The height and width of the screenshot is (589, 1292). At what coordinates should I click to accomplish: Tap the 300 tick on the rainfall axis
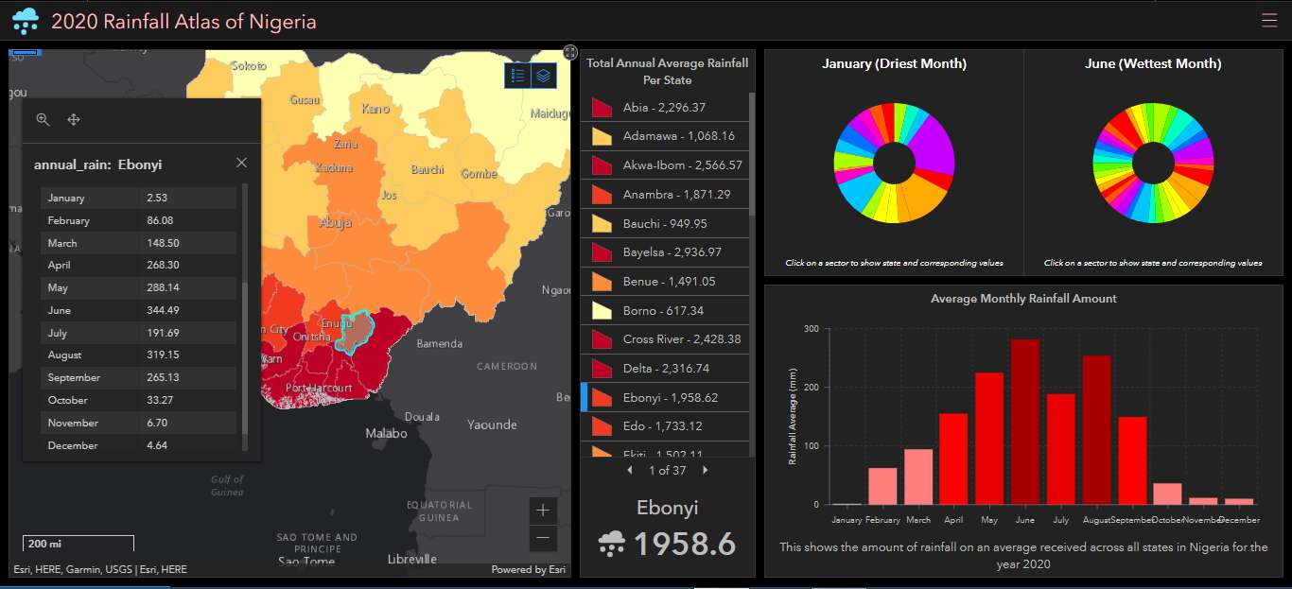click(x=812, y=329)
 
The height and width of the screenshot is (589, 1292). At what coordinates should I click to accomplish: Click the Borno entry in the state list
click(x=664, y=310)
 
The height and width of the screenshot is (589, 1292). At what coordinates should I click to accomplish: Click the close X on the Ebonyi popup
click(x=241, y=163)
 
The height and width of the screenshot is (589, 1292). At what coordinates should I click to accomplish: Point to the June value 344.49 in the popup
click(x=164, y=310)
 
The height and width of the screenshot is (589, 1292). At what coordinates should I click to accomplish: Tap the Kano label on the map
click(x=375, y=109)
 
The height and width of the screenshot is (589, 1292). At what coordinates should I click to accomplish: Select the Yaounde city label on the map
click(x=492, y=424)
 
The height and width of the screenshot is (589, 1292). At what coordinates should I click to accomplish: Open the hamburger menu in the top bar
click(x=1268, y=20)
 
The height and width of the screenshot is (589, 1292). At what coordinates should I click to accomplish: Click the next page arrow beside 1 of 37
click(x=705, y=470)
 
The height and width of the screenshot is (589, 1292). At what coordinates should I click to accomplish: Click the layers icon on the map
click(x=543, y=76)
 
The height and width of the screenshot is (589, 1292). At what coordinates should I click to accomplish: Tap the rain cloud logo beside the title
click(x=26, y=20)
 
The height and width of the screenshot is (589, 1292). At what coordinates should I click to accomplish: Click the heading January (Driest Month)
click(x=893, y=64)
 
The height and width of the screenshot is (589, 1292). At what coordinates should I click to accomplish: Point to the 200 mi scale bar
click(x=78, y=544)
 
